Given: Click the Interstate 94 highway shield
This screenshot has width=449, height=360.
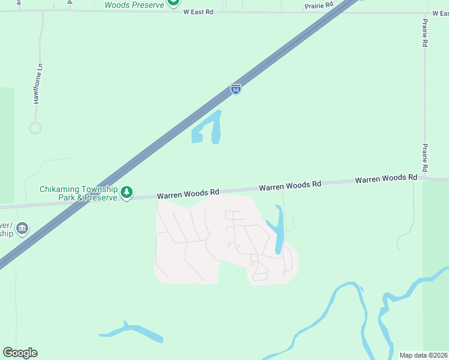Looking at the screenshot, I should coord(236,89).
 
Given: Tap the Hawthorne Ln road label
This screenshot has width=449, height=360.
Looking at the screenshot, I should coord(38,83).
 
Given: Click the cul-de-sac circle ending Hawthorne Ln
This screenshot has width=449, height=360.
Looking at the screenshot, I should coord(35,128).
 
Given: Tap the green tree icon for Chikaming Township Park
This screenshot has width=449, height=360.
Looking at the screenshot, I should coord(126,193).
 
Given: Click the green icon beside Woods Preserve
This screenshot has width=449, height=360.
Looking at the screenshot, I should coord(173,2).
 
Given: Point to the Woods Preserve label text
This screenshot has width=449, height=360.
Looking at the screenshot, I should coord(134,4).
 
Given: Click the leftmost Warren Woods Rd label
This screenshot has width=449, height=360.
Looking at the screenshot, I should coord(188,194).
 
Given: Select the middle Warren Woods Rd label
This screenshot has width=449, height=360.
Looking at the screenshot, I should coord(290,186).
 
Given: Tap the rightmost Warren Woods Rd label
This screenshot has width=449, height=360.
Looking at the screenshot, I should coord(386,179).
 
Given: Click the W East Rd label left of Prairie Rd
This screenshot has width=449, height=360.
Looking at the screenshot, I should coord(198,11).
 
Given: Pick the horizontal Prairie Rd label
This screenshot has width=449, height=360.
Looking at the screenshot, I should coord(319,5).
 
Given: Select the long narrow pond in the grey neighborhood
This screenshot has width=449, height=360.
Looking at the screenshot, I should coord(279,231).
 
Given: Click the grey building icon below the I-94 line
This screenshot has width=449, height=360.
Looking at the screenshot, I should coord(22,228).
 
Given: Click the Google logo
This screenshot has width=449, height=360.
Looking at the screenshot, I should coord(20,353).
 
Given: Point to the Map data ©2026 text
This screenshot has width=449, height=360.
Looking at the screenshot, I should coord(424,355).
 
